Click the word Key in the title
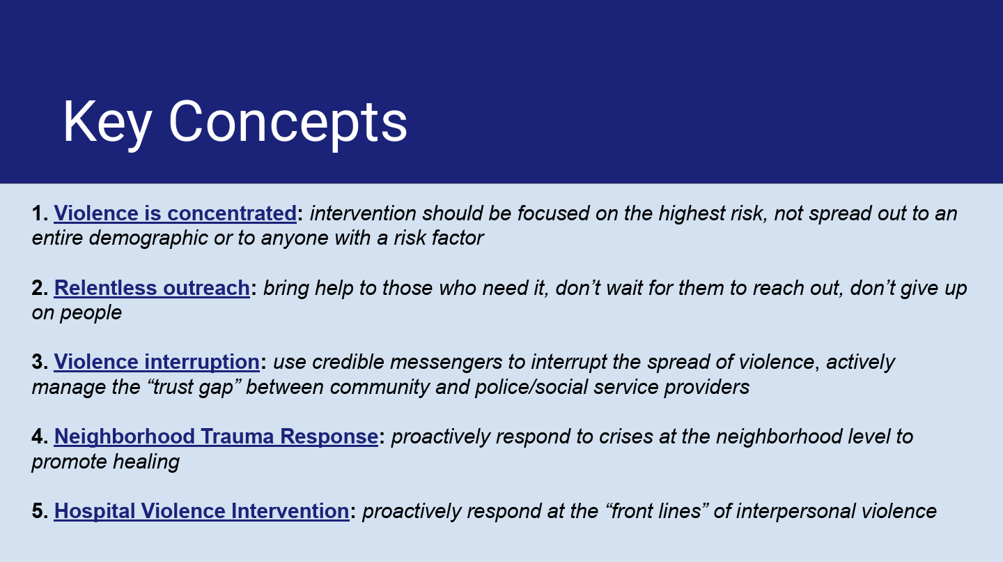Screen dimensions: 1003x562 click(x=107, y=123)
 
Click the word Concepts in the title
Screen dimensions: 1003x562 click(x=288, y=123)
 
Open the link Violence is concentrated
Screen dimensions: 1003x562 click(x=175, y=213)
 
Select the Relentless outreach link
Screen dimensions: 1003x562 click(x=152, y=288)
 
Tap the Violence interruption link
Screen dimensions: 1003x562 click(x=157, y=362)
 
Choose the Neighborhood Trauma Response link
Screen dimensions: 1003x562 click(x=216, y=436)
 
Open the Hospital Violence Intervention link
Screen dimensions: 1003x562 click(x=201, y=511)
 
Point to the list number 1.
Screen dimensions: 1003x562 click(x=40, y=213)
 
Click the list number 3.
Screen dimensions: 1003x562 click(x=40, y=362)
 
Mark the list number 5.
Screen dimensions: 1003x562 click(x=40, y=511)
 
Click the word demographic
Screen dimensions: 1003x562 click(x=148, y=238)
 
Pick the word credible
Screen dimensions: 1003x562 click(x=348, y=362)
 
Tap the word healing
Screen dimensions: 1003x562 click(x=146, y=462)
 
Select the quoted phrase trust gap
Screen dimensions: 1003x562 click(x=194, y=388)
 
